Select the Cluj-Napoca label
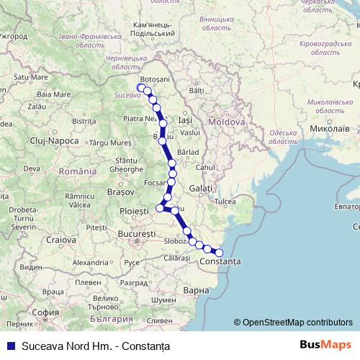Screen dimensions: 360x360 (x=55, y=140)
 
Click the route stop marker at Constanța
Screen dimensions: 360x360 (x=219, y=252)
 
